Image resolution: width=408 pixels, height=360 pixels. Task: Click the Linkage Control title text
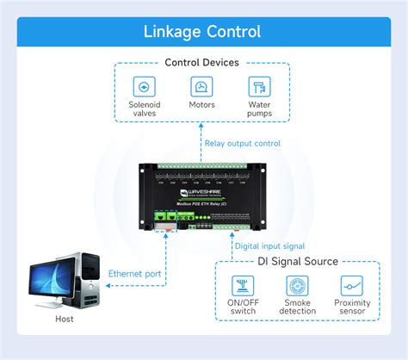203,32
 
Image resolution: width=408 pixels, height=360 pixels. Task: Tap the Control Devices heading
202,62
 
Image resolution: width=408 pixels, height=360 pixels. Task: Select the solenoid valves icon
144,87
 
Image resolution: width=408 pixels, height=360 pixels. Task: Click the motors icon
201,87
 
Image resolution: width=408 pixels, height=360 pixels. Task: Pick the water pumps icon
259,87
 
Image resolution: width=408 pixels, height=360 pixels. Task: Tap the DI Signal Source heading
299,262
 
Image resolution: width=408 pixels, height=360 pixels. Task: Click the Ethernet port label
134,274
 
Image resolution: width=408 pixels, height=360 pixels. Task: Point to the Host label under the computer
64,319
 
